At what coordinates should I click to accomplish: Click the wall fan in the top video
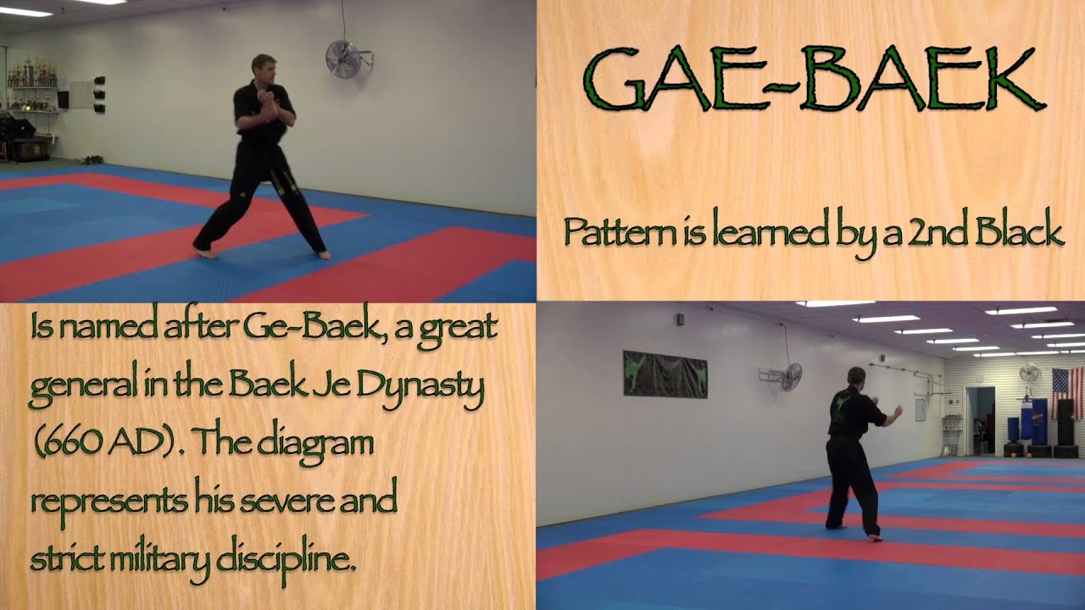(x=343, y=58)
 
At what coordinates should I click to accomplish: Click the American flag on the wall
(x=1067, y=393)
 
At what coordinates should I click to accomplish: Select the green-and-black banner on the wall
(x=665, y=374)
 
